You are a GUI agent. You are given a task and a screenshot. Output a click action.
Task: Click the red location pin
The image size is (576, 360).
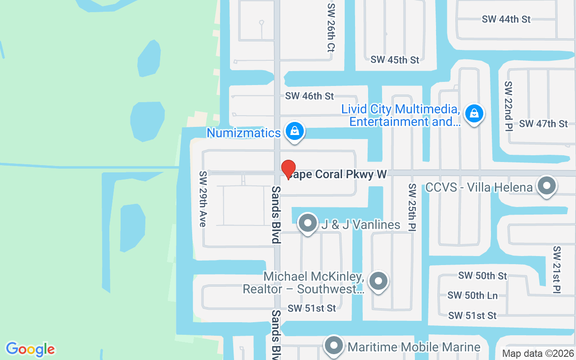click(x=288, y=169)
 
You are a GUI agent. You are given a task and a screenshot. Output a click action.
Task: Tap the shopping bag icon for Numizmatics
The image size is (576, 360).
click(x=294, y=131)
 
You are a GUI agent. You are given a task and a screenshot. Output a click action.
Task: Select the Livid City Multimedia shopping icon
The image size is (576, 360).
click(x=474, y=113)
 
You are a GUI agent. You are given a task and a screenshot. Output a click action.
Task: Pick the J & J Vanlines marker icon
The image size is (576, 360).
click(x=308, y=223)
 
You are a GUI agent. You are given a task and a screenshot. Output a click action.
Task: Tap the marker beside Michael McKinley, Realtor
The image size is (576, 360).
click(x=378, y=281)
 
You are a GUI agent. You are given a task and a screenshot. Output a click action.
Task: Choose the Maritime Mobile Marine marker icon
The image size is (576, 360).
click(x=334, y=346)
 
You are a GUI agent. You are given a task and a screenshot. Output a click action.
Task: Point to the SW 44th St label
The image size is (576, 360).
click(x=506, y=19)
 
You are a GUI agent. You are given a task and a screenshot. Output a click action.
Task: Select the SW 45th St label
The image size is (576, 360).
click(x=395, y=60)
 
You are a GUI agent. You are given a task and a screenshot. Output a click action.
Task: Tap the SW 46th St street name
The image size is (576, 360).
click(x=310, y=96)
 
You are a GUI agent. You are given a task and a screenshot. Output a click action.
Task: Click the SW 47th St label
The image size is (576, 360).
click(x=544, y=124)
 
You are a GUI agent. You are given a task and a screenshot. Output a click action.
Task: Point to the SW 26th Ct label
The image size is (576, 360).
click(x=331, y=27)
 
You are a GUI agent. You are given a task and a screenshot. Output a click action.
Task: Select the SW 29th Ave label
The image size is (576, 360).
click(x=203, y=198)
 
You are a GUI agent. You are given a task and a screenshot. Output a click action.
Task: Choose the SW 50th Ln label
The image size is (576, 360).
click(x=472, y=296)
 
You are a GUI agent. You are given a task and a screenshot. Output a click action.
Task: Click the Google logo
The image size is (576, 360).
click(x=30, y=349)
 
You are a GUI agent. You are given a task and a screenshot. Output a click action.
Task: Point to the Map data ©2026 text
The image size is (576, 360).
click(x=538, y=354)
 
